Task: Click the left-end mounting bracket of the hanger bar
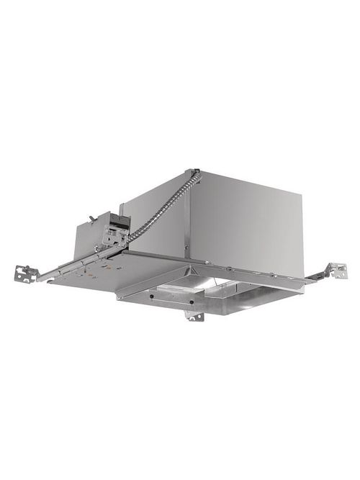[x=26, y=274]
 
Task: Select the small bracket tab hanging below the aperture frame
[x=193, y=315]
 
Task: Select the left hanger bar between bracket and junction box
[x=58, y=271]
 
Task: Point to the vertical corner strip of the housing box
[x=188, y=216]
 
